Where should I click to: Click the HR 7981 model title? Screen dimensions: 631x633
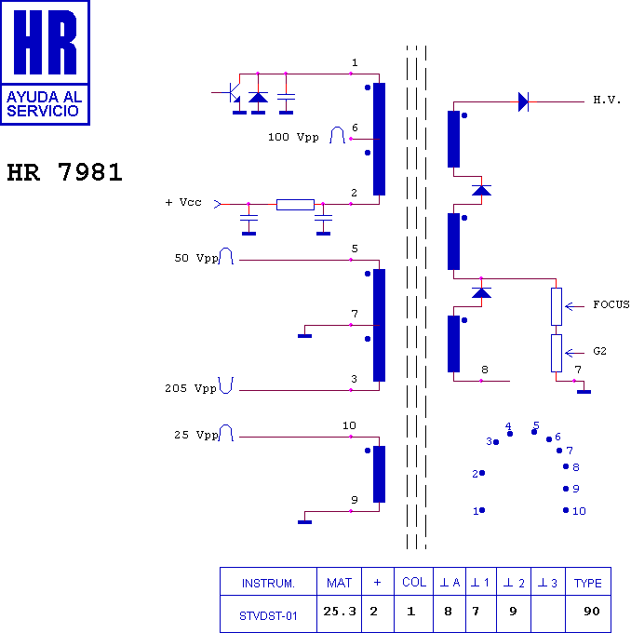tap(64, 172)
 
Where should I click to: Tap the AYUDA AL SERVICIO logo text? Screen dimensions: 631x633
tap(44, 103)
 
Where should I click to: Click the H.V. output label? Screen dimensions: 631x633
tap(607, 100)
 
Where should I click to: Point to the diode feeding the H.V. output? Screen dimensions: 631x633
tap(523, 101)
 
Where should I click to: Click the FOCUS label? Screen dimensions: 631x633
tap(611, 304)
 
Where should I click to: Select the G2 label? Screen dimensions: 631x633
tap(599, 351)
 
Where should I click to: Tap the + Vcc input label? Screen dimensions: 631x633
tap(183, 202)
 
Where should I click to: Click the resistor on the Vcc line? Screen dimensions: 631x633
tap(295, 205)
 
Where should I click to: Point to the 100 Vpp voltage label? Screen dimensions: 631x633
tap(293, 137)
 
